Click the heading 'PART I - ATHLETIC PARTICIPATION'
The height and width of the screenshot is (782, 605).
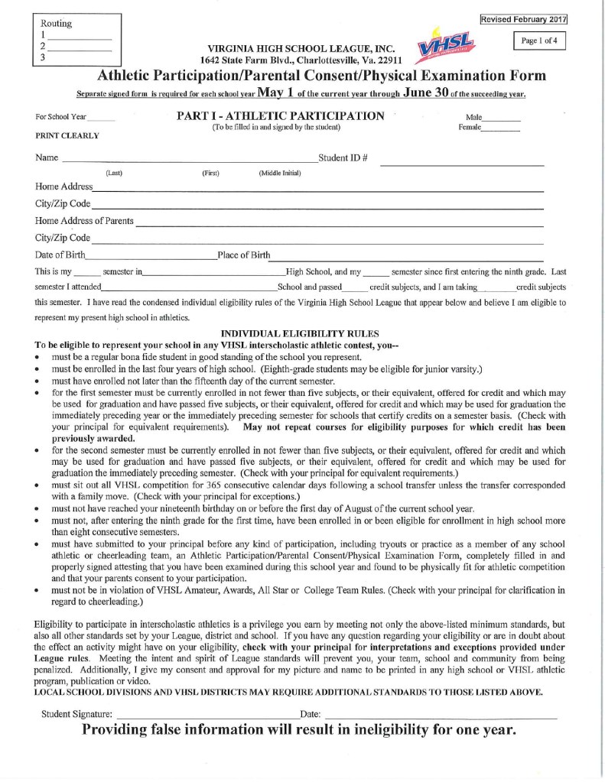coord(281,116)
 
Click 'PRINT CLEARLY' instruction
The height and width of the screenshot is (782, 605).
coord(68,136)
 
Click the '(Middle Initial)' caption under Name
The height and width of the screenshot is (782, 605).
coord(280,174)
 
